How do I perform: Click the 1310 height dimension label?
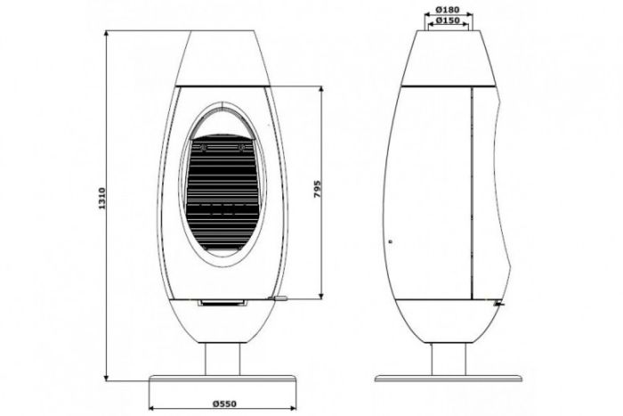tap(102, 199)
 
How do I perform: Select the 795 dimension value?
tap(318, 190)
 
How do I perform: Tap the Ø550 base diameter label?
tap(224, 404)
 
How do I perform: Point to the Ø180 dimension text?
tap(448, 9)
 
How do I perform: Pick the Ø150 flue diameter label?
tap(448, 20)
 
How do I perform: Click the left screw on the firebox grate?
tap(203, 148)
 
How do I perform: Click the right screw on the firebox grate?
tap(241, 148)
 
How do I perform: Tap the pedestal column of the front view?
tap(222, 359)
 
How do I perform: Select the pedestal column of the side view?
tap(449, 359)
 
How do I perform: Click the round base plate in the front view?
tap(222, 378)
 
